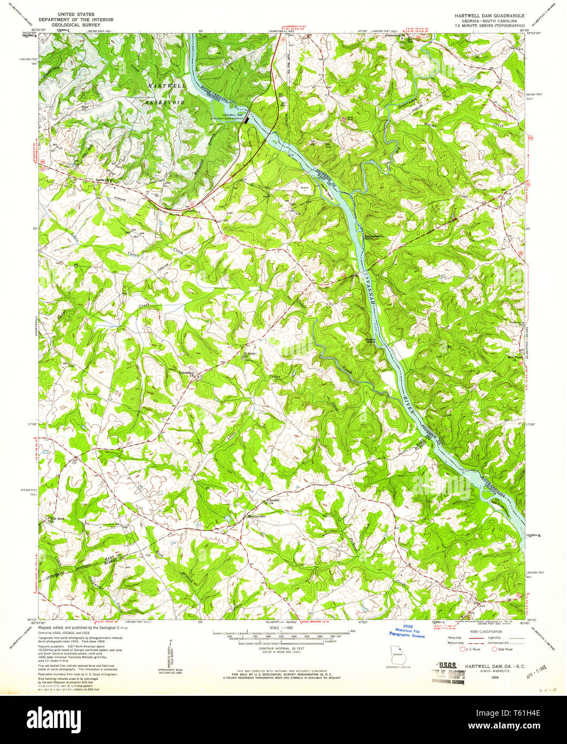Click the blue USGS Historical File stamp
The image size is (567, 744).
[407, 633]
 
